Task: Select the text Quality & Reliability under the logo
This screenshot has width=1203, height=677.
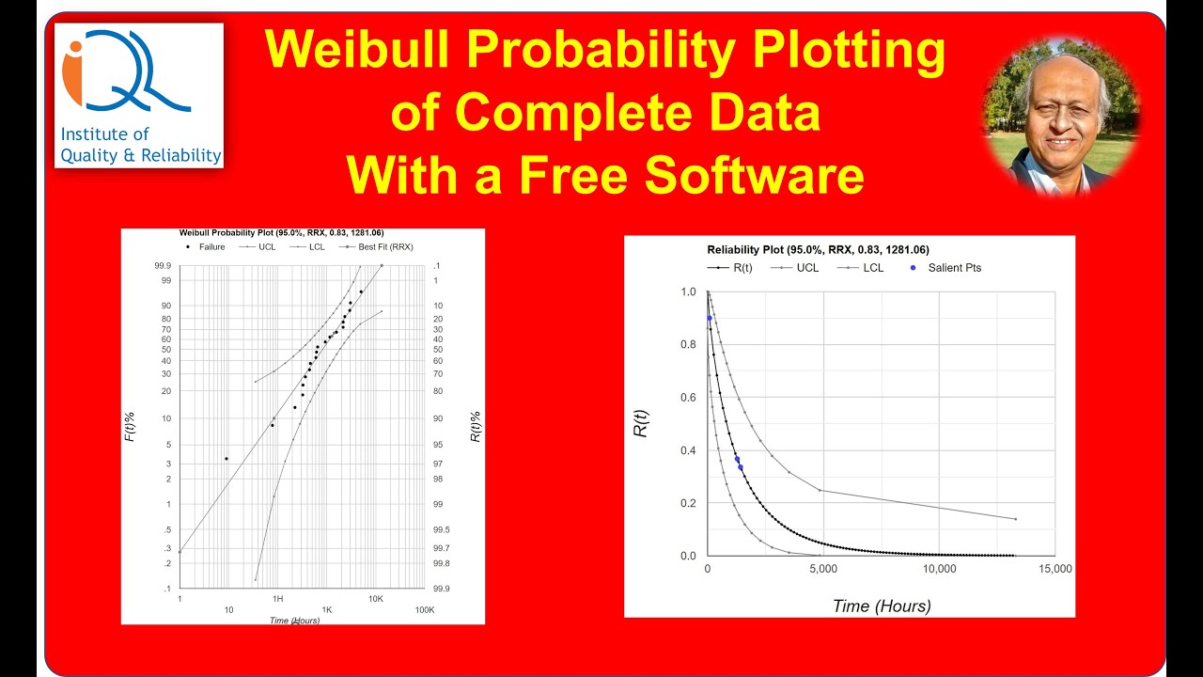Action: click(141, 155)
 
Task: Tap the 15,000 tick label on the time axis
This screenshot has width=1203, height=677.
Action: click(1055, 569)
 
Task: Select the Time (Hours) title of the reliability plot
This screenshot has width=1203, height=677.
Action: click(882, 606)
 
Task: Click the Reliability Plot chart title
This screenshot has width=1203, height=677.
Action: click(818, 250)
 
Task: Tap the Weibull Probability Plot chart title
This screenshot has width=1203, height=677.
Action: click(281, 232)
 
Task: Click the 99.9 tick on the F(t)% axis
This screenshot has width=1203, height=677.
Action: click(163, 266)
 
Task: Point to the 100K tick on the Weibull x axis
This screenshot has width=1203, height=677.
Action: click(425, 610)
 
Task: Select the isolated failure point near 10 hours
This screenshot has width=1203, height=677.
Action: click(226, 459)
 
